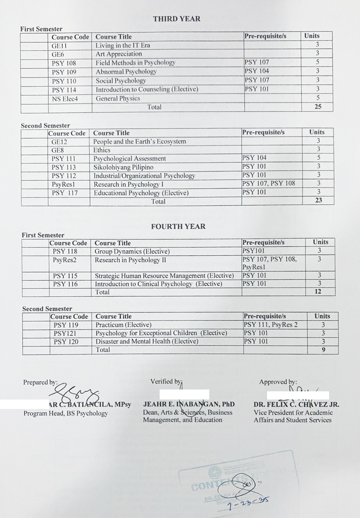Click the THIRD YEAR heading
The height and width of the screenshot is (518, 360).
pyautogui.click(x=177, y=19)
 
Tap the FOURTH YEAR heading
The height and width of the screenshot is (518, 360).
pyautogui.click(x=178, y=226)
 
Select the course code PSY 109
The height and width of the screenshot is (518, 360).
pyautogui.click(x=64, y=72)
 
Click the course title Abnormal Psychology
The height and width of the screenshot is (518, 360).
pyautogui.click(x=126, y=72)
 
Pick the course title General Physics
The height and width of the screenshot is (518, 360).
pyautogui.click(x=118, y=99)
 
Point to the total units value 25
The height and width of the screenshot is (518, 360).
pyautogui.click(x=318, y=107)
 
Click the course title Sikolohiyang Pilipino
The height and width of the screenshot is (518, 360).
pyautogui.click(x=123, y=167)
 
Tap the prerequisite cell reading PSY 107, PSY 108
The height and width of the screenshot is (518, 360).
pyautogui.click(x=269, y=183)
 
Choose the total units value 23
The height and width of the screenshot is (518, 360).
pyautogui.click(x=319, y=200)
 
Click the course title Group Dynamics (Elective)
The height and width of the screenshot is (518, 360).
pyautogui.click(x=132, y=251)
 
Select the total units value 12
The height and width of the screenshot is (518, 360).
pyautogui.click(x=318, y=292)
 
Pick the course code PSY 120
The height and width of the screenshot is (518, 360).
pyautogui.click(x=66, y=342)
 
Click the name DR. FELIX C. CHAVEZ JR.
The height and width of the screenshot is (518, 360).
pyautogui.click(x=296, y=405)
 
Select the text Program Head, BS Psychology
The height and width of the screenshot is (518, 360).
pyautogui.click(x=65, y=413)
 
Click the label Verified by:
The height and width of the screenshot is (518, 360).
pyautogui.click(x=166, y=381)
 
